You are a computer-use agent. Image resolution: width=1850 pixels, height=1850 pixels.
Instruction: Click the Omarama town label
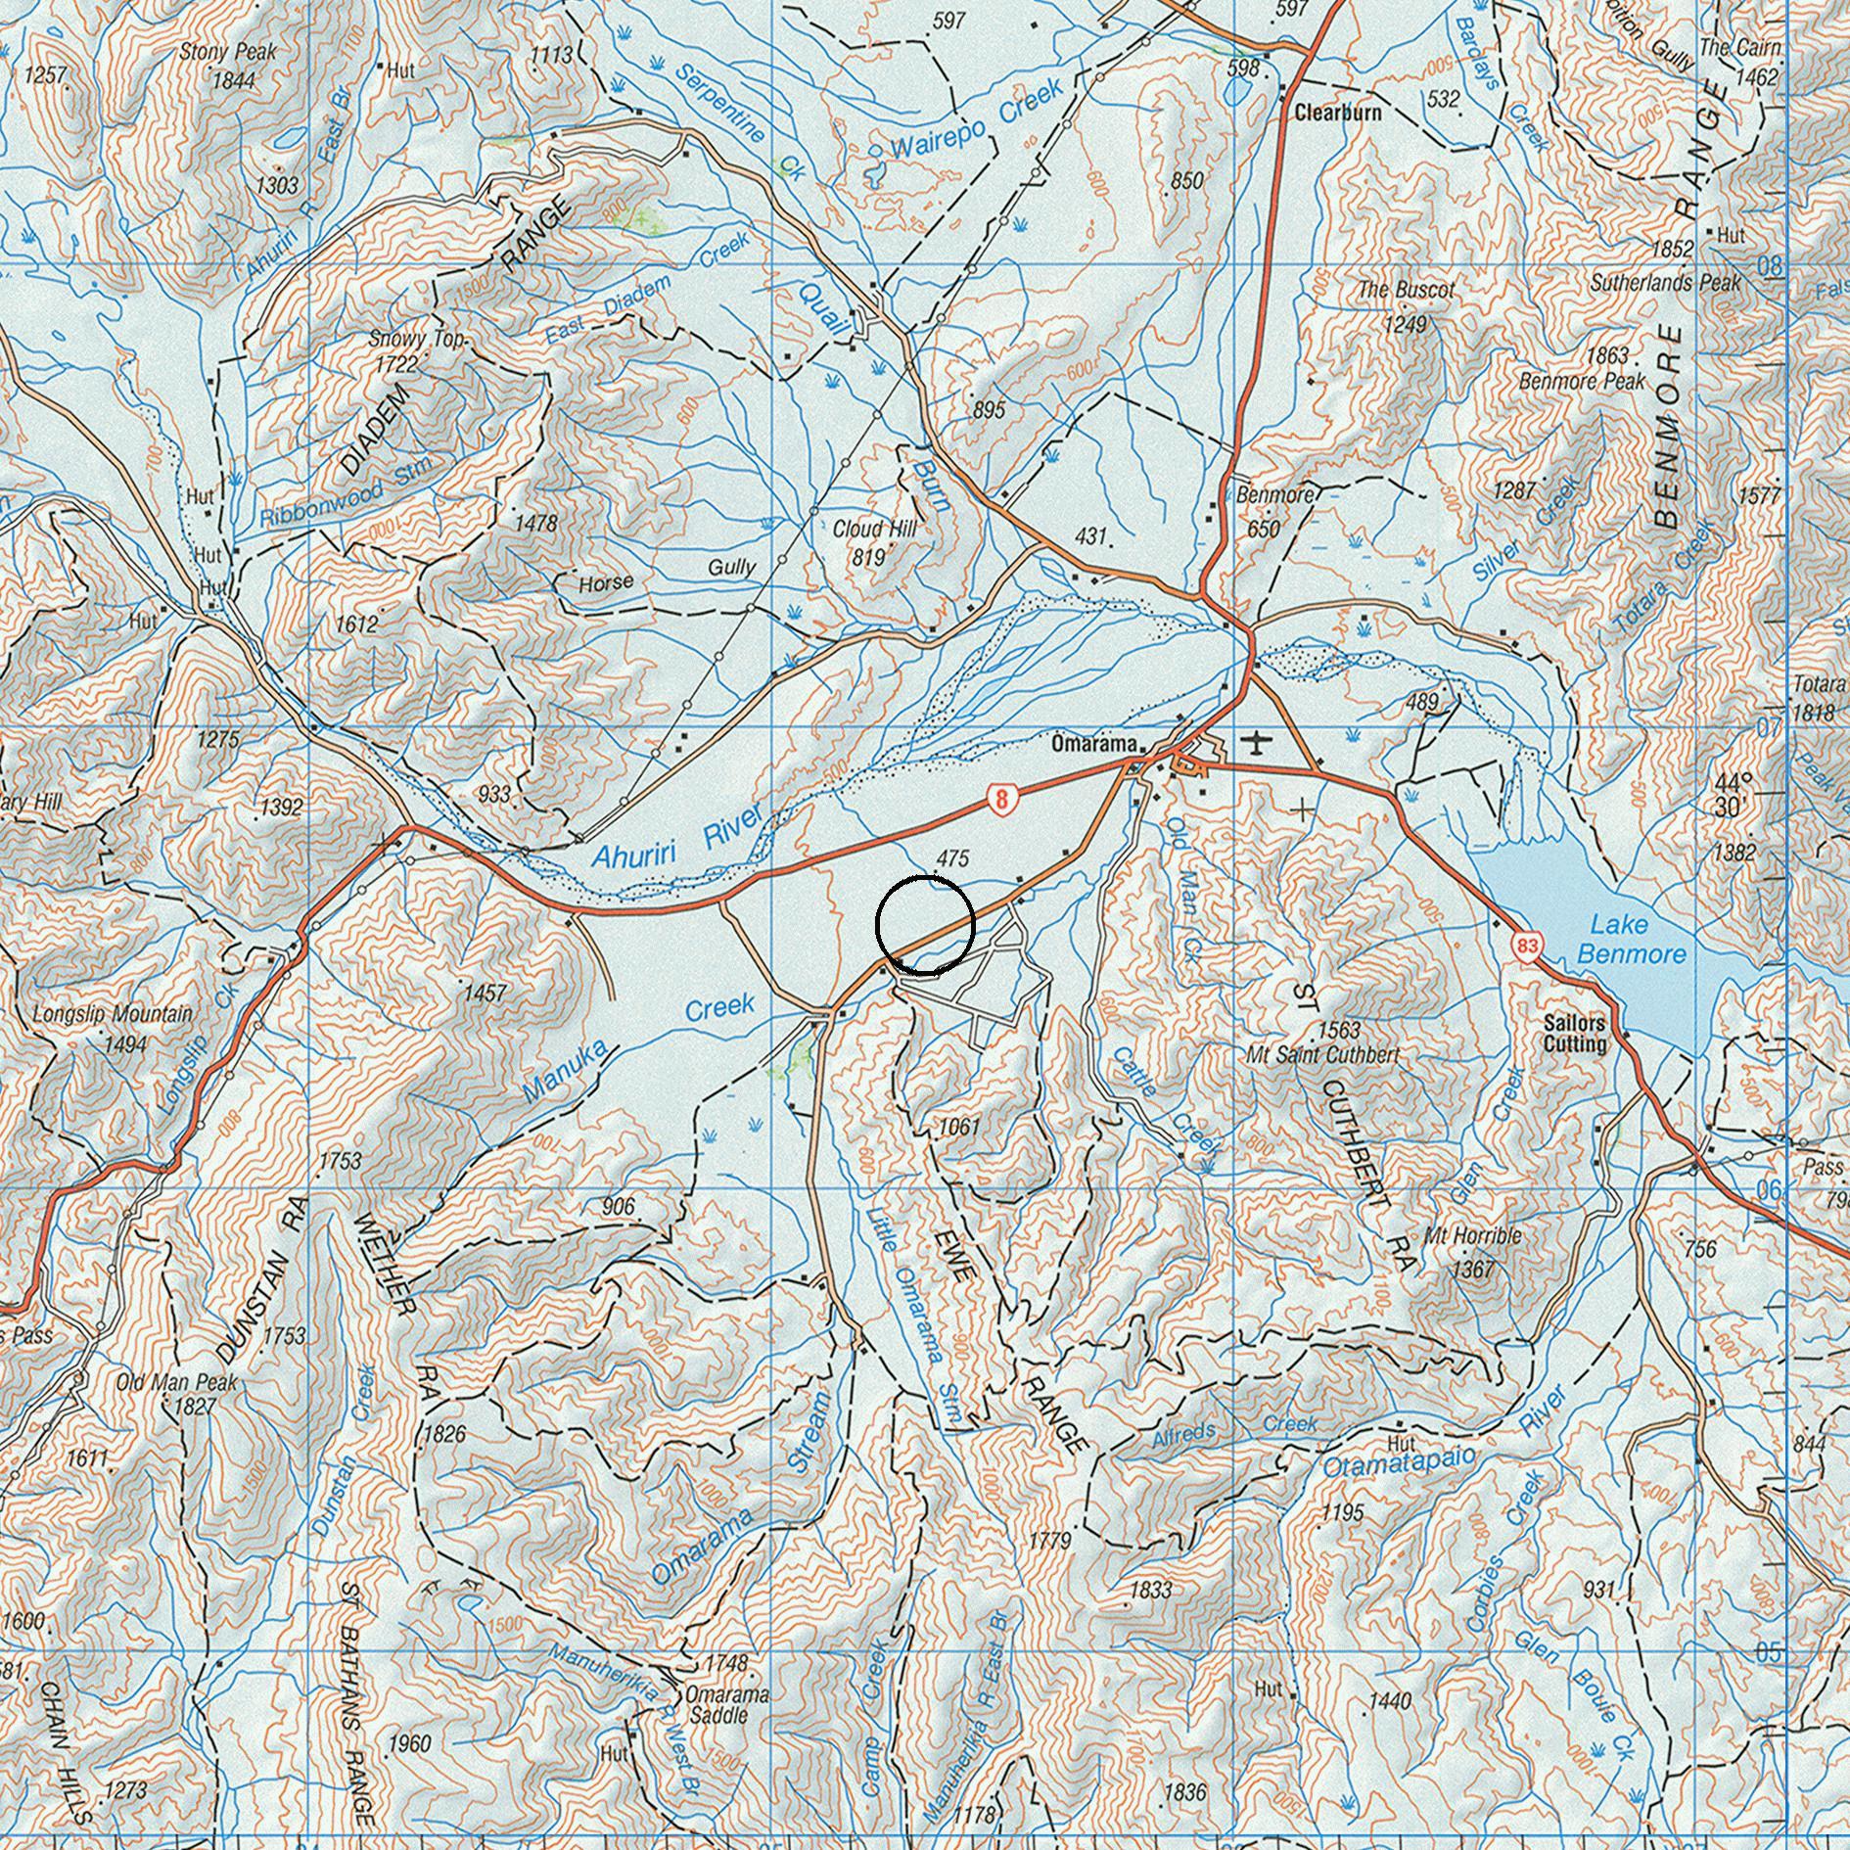1093,745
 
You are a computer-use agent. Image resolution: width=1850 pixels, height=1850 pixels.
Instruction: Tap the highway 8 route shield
999,799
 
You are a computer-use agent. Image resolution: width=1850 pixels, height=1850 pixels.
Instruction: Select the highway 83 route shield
1527,947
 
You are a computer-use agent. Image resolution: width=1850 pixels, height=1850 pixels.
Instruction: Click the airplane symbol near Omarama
1258,743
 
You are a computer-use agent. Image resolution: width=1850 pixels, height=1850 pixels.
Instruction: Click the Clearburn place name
1337,113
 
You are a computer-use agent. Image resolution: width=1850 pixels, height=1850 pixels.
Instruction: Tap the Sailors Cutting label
1574,1034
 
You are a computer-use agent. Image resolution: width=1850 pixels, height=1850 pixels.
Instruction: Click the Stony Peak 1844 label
228,65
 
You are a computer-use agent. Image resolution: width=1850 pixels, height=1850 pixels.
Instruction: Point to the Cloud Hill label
874,530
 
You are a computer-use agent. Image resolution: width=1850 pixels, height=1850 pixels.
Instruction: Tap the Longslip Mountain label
113,1014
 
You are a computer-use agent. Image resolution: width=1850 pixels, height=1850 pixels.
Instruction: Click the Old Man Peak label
176,1383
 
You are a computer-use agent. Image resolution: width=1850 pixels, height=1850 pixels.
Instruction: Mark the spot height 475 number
951,858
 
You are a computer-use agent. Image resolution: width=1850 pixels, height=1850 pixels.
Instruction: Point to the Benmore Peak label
1581,381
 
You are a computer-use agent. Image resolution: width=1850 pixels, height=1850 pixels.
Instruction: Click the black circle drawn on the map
924,925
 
